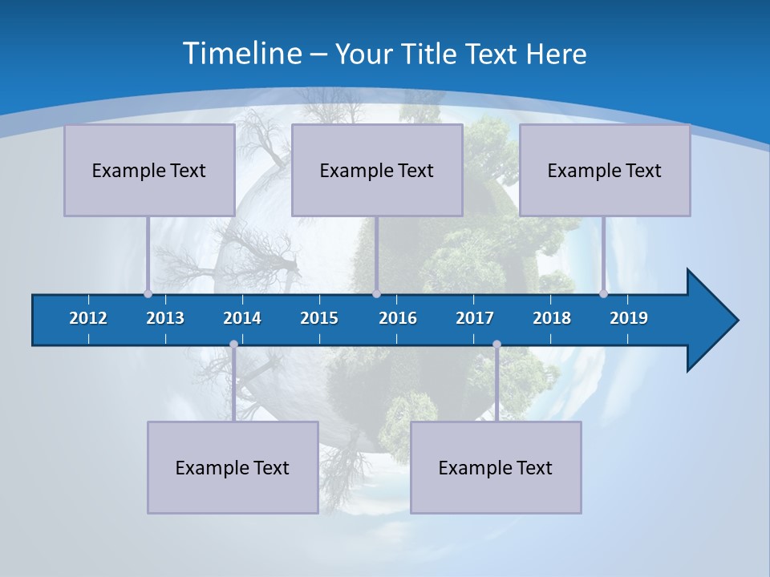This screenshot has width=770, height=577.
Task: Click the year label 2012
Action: [x=88, y=318]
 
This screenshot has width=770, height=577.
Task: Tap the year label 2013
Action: [x=165, y=318]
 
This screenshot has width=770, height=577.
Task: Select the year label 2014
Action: [x=242, y=318]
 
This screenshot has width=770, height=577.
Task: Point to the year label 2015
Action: [x=319, y=318]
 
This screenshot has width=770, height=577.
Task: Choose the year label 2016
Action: [x=398, y=318]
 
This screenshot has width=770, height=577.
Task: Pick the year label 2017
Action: [x=475, y=318]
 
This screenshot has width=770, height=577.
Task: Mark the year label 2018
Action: [x=552, y=318]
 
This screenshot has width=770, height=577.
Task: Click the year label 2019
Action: [x=629, y=318]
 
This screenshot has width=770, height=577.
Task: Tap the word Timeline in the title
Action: [x=242, y=54]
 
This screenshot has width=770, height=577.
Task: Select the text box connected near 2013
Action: [x=149, y=170]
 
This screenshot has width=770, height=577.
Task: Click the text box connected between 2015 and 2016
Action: [x=377, y=170]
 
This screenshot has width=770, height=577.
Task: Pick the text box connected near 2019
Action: [x=605, y=170]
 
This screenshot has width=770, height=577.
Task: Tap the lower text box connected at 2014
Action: [x=233, y=467]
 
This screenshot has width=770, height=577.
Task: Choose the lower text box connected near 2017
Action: [x=496, y=467]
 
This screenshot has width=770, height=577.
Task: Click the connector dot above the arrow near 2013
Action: [x=148, y=293]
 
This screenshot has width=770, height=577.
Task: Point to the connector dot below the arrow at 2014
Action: [x=233, y=345]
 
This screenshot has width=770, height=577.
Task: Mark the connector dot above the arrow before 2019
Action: [x=604, y=293]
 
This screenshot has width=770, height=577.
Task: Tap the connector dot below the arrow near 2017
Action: [x=496, y=345]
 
